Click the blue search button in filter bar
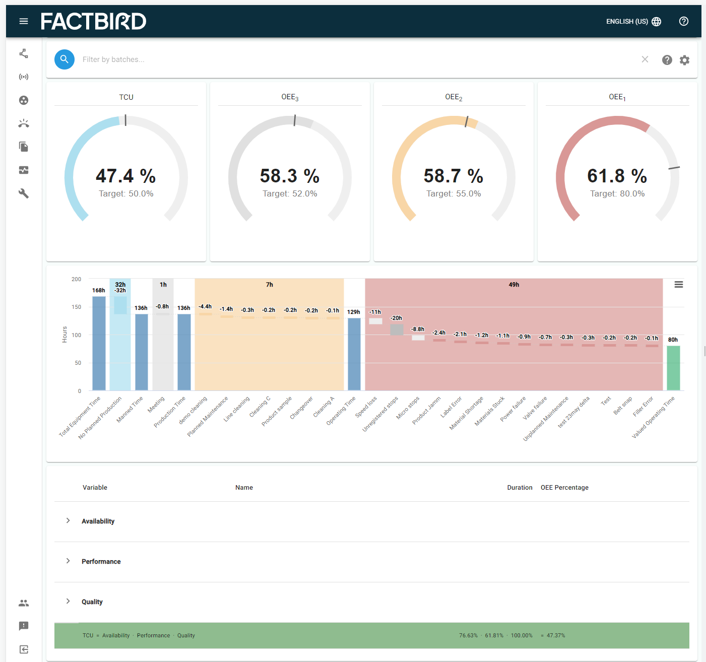pos(65,59)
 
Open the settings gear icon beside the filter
pos(684,60)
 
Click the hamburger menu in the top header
pos(24,21)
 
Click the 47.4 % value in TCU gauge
pos(126,176)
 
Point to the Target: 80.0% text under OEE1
pos(617,193)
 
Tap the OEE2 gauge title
pos(454,97)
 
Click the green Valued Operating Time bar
pos(673,368)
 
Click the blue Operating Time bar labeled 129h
pos(354,354)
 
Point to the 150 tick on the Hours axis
pos(77,307)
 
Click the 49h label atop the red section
pos(514,285)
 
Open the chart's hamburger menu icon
pos(679,285)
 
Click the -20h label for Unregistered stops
pos(397,318)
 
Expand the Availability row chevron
pos(68,520)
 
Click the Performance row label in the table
pos(101,561)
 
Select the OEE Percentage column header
pos(564,487)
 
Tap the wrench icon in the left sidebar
pos(24,193)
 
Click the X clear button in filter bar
pos(645,59)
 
